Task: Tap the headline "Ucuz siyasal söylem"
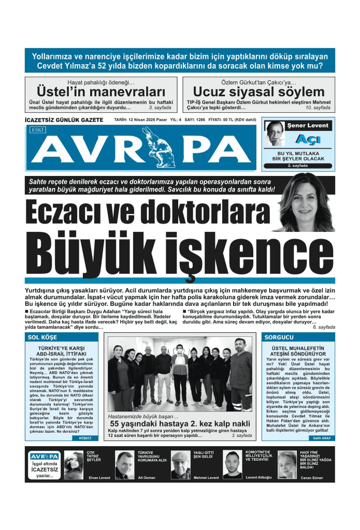(258, 92)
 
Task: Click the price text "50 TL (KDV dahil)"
(235, 120)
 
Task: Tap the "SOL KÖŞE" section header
(46, 337)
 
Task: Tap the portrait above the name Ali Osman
(124, 465)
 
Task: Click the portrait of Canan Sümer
(287, 464)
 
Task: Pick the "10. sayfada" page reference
(318, 108)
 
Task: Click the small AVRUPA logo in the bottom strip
(44, 456)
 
